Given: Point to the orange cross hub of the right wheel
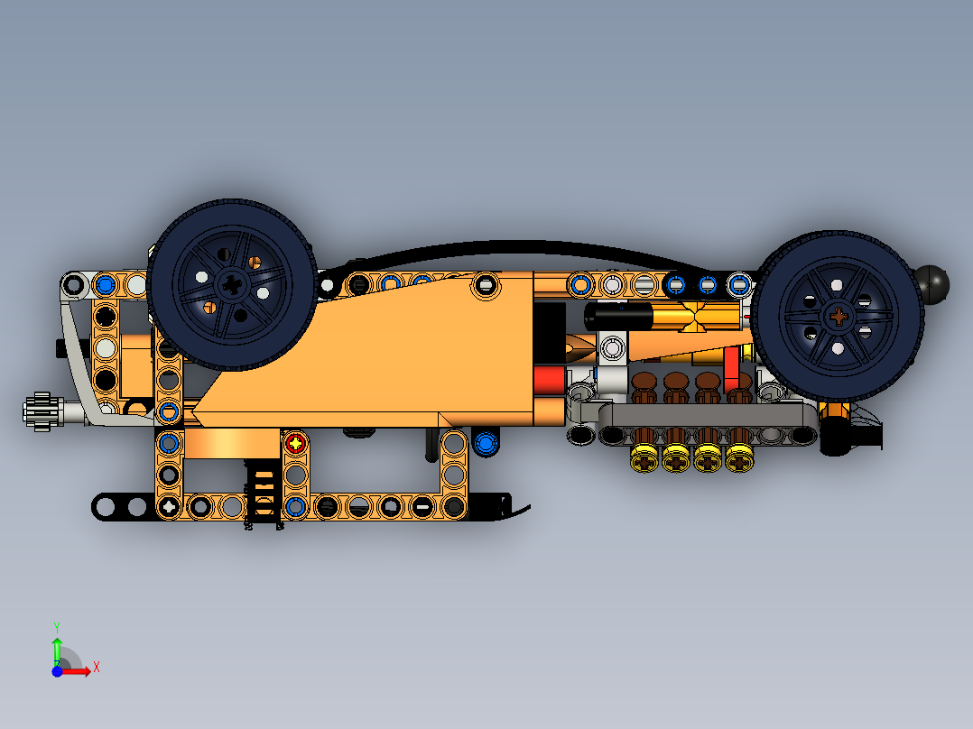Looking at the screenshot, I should [839, 316].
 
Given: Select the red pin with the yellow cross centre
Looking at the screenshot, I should [296, 443].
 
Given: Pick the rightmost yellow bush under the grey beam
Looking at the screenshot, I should [739, 460].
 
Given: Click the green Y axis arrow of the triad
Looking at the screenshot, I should [57, 647].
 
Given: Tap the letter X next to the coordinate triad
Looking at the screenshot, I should [96, 667].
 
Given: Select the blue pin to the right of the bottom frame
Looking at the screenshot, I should [486, 443].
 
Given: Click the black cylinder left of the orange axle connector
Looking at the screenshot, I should [619, 316].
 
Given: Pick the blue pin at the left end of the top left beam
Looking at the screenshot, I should [105, 285].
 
